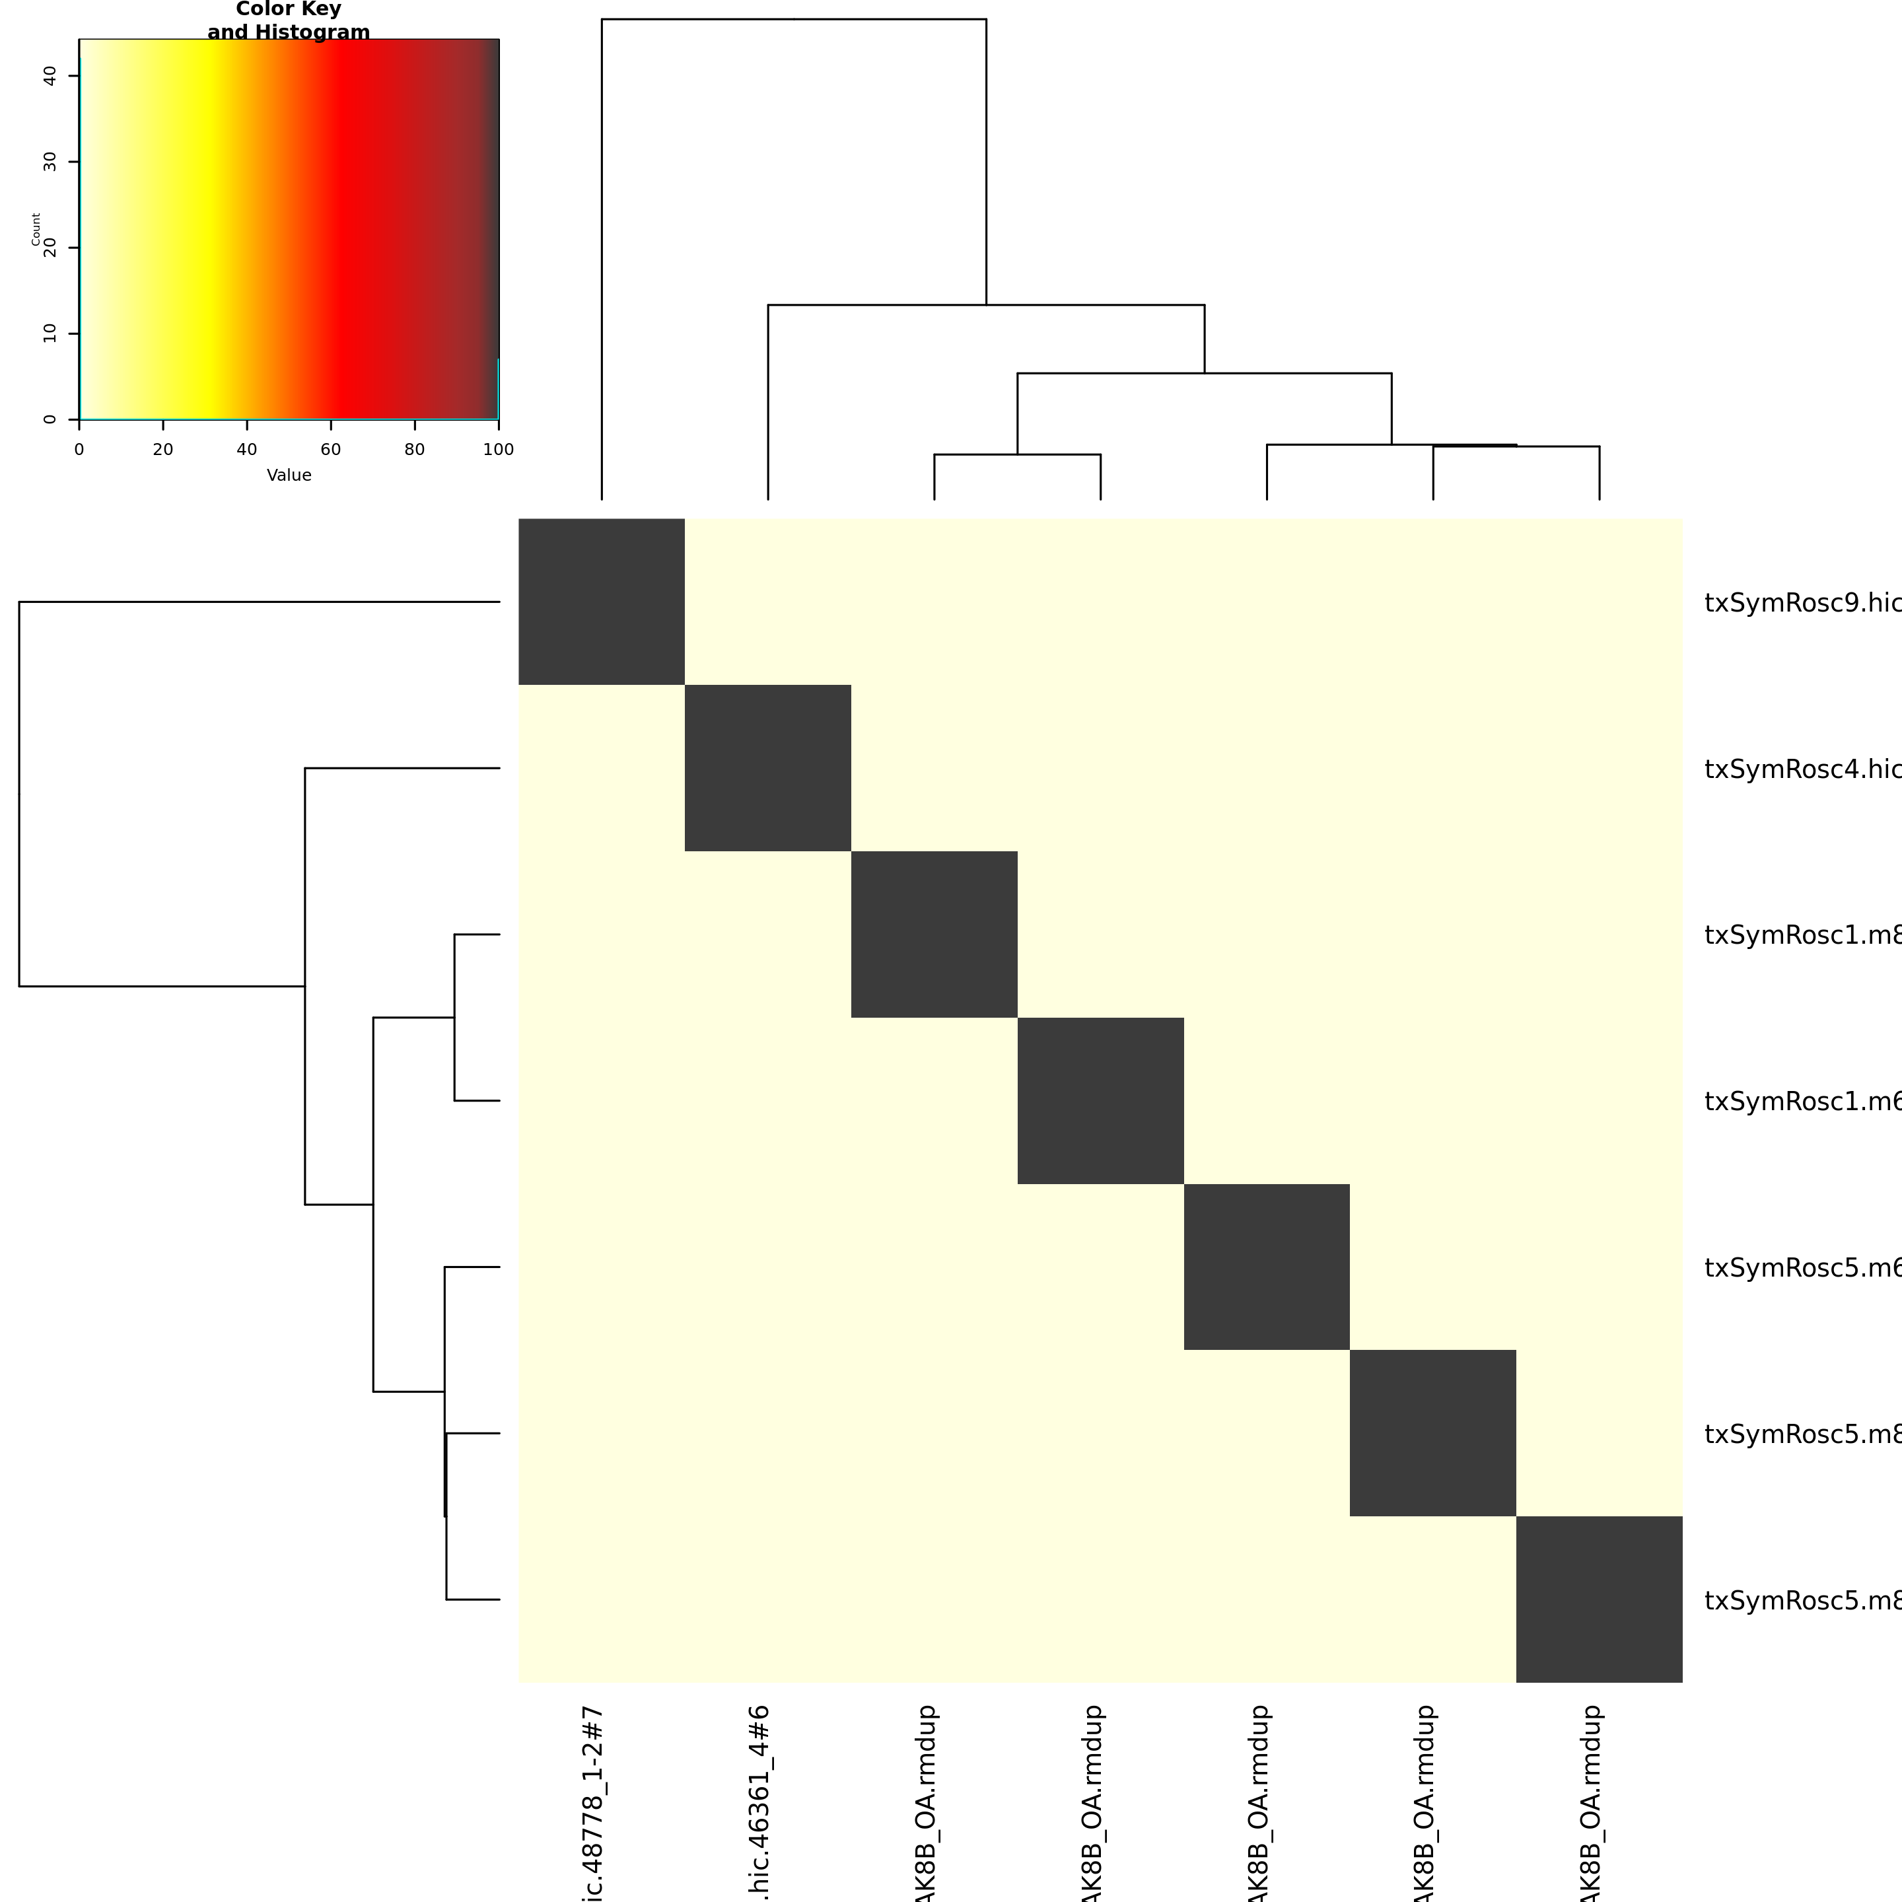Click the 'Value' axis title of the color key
(x=289, y=475)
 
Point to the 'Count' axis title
(x=36, y=229)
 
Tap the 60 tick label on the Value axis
(x=331, y=450)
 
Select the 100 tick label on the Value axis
(x=498, y=450)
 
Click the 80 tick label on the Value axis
(x=415, y=450)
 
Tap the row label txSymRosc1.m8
(x=1802, y=935)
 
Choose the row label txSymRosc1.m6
(x=1802, y=1102)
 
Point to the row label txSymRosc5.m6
(x=1802, y=1268)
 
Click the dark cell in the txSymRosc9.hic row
(x=602, y=602)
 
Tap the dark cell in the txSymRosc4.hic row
(x=768, y=768)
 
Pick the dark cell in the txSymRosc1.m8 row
(x=934, y=934)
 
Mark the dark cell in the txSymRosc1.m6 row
(x=1101, y=1101)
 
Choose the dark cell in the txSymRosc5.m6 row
(x=1267, y=1267)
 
